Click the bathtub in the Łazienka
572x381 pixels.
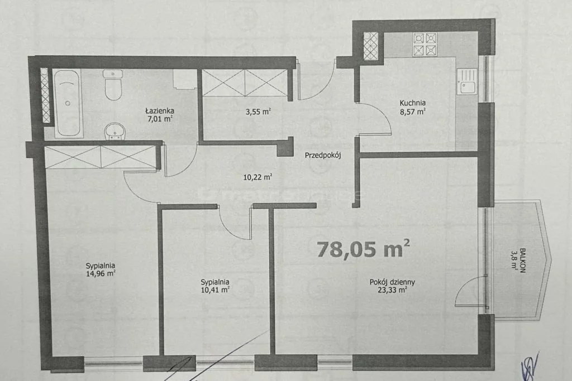68,103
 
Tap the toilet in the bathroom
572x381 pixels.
113,85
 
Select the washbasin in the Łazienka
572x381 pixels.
115,131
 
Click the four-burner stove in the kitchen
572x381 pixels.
425,45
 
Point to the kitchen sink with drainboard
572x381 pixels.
466,82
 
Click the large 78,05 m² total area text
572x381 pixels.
363,249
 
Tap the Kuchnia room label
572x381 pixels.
413,103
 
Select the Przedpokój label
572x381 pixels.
322,156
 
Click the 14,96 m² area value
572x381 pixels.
101,273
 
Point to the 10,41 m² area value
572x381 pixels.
215,290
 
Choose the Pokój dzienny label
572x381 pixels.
392,282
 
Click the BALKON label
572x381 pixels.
522,261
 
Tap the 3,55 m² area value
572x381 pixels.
258,112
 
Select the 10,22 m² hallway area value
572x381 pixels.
258,177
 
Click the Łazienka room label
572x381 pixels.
159,111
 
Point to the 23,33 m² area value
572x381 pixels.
392,290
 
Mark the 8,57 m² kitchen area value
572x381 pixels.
413,112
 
